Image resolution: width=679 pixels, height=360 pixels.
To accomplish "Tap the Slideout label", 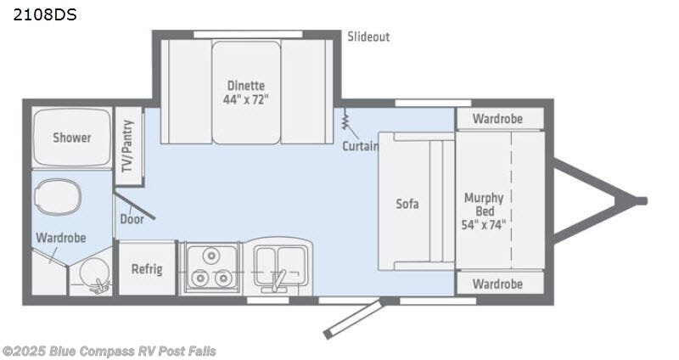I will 368,37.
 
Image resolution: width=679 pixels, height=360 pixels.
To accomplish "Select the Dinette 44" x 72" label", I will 246,92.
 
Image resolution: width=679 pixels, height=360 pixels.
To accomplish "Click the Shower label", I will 71,138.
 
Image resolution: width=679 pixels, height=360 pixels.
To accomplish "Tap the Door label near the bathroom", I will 132,217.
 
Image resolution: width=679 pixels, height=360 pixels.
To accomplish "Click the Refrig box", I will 147,269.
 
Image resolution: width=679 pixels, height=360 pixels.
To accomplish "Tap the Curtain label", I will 360,146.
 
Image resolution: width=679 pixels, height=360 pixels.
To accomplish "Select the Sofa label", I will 407,204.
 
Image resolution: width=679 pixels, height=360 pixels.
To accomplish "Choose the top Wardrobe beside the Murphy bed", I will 497,119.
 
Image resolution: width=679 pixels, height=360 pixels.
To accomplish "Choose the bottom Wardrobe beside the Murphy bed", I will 497,284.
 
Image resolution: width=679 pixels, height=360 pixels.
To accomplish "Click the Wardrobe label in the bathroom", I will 60,239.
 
